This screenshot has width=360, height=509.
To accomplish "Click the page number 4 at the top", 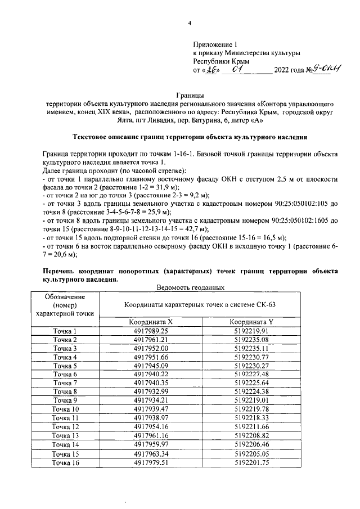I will click(190, 23).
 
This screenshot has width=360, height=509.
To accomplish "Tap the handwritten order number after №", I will click(317, 70).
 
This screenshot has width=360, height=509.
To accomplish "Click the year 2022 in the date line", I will click(285, 71).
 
